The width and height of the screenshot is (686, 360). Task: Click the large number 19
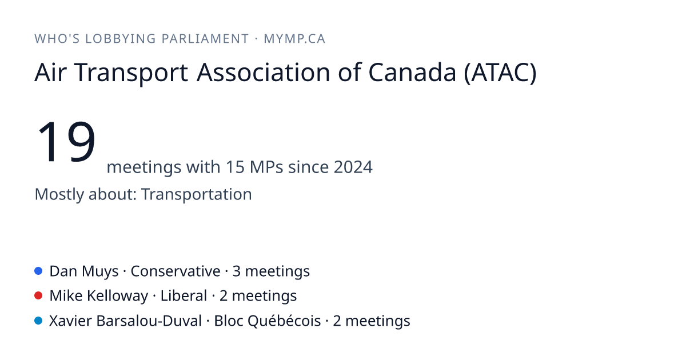(66, 141)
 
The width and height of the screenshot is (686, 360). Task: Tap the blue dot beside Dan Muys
(38, 271)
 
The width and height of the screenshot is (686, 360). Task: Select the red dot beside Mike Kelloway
(38, 296)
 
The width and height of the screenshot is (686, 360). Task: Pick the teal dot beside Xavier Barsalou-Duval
(38, 321)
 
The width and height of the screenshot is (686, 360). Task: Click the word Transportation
(197, 194)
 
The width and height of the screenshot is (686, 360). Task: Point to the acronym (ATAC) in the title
(500, 73)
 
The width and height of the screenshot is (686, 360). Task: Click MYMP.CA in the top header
(294, 39)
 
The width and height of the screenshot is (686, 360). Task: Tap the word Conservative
(176, 271)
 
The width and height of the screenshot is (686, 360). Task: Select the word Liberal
(184, 296)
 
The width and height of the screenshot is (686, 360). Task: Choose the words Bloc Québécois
(268, 321)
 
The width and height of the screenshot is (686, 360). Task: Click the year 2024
(353, 167)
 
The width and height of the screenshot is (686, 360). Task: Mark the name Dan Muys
(84, 271)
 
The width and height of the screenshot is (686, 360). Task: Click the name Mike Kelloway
(98, 297)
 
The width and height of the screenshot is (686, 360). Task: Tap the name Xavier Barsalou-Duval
(126, 321)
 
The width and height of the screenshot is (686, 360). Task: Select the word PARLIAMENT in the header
(205, 39)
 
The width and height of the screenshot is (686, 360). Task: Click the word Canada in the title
(412, 73)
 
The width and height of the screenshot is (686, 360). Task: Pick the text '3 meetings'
(271, 271)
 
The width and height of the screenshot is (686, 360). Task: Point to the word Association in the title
(264, 73)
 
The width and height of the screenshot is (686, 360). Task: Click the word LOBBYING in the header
(121, 39)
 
